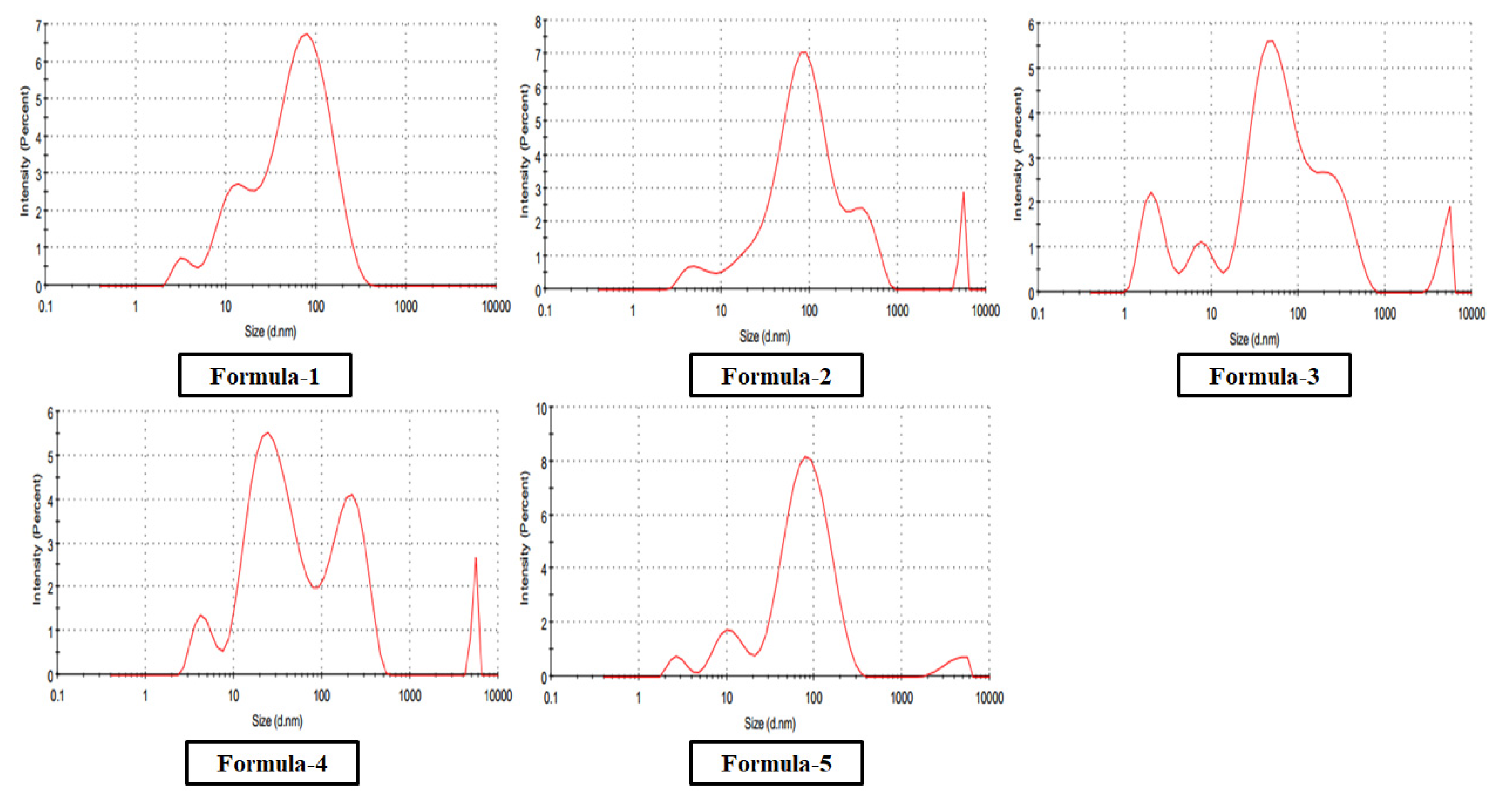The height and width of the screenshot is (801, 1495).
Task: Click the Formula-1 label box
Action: [265, 376]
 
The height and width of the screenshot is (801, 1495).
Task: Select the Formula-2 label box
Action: [776, 376]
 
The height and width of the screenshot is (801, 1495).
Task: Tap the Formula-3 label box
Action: [1263, 376]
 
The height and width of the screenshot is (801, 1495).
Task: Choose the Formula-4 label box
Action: [272, 763]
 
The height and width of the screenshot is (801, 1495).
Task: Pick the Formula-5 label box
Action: [776, 763]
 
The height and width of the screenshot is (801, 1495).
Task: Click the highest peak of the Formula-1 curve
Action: [306, 34]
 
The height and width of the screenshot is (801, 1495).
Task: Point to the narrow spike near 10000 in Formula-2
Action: [963, 194]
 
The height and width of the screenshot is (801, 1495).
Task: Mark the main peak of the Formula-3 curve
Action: [1270, 40]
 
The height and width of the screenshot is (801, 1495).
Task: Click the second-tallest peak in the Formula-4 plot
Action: [351, 495]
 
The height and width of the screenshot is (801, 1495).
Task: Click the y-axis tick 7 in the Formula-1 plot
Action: [38, 25]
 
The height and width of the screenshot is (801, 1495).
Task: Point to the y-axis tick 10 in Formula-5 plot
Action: [541, 409]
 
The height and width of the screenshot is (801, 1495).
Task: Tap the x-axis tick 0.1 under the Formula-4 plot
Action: [57, 695]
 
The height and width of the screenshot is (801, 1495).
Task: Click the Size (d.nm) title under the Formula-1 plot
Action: [270, 332]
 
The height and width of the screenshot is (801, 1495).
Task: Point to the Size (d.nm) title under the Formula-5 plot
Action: [769, 723]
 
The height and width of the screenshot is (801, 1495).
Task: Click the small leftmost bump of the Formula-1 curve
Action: [182, 258]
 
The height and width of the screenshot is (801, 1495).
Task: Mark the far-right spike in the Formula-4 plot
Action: [476, 559]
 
